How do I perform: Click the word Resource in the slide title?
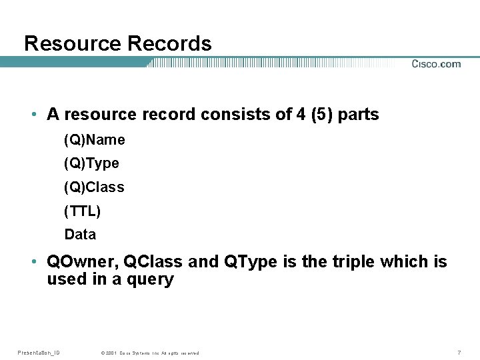[x=73, y=44]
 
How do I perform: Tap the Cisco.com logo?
[x=436, y=64]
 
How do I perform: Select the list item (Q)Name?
[x=95, y=141]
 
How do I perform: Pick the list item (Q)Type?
[x=92, y=164]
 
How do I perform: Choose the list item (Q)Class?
[x=94, y=187]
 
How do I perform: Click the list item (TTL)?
[x=82, y=211]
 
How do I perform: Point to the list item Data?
[x=80, y=235]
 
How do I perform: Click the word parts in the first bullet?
[x=359, y=115]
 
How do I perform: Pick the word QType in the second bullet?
[x=249, y=262]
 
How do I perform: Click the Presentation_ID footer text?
[x=38, y=353]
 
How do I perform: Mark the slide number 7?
[x=459, y=352]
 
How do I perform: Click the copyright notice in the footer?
[x=150, y=353]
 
